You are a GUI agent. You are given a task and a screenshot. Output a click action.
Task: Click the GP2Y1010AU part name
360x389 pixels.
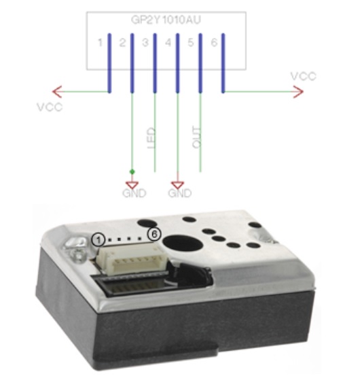(x=166, y=20)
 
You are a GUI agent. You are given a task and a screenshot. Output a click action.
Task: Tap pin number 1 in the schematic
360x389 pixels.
(x=100, y=43)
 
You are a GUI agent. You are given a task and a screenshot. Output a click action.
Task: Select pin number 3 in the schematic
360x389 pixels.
(x=145, y=43)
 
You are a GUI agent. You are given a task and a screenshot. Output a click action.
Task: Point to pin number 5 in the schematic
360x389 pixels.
(x=191, y=43)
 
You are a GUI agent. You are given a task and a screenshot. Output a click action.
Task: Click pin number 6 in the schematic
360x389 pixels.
(x=214, y=43)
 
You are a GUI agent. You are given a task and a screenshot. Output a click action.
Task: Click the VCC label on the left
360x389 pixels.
(x=50, y=107)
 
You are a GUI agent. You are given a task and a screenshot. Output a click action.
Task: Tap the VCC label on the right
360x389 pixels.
(x=304, y=76)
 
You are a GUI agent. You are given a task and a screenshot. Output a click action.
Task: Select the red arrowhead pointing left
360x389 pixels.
(x=57, y=92)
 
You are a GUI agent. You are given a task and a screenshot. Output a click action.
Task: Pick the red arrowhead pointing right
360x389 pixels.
(x=298, y=92)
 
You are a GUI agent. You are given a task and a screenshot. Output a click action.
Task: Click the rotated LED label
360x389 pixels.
(x=151, y=138)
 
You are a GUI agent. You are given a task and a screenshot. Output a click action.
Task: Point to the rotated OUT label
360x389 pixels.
(x=196, y=137)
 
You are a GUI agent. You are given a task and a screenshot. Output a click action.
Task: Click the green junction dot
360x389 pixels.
(x=132, y=171)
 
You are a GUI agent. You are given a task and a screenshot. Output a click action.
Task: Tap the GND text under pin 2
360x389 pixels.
(x=134, y=193)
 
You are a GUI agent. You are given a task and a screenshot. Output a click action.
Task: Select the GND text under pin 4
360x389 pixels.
(x=180, y=193)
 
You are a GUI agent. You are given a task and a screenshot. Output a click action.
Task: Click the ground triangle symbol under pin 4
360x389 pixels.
(x=178, y=185)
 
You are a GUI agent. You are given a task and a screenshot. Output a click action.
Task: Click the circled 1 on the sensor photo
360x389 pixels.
(x=98, y=240)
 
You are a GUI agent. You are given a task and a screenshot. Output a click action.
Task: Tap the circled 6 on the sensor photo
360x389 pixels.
(x=154, y=234)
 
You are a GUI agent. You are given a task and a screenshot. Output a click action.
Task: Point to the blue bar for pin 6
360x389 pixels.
(x=223, y=63)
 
